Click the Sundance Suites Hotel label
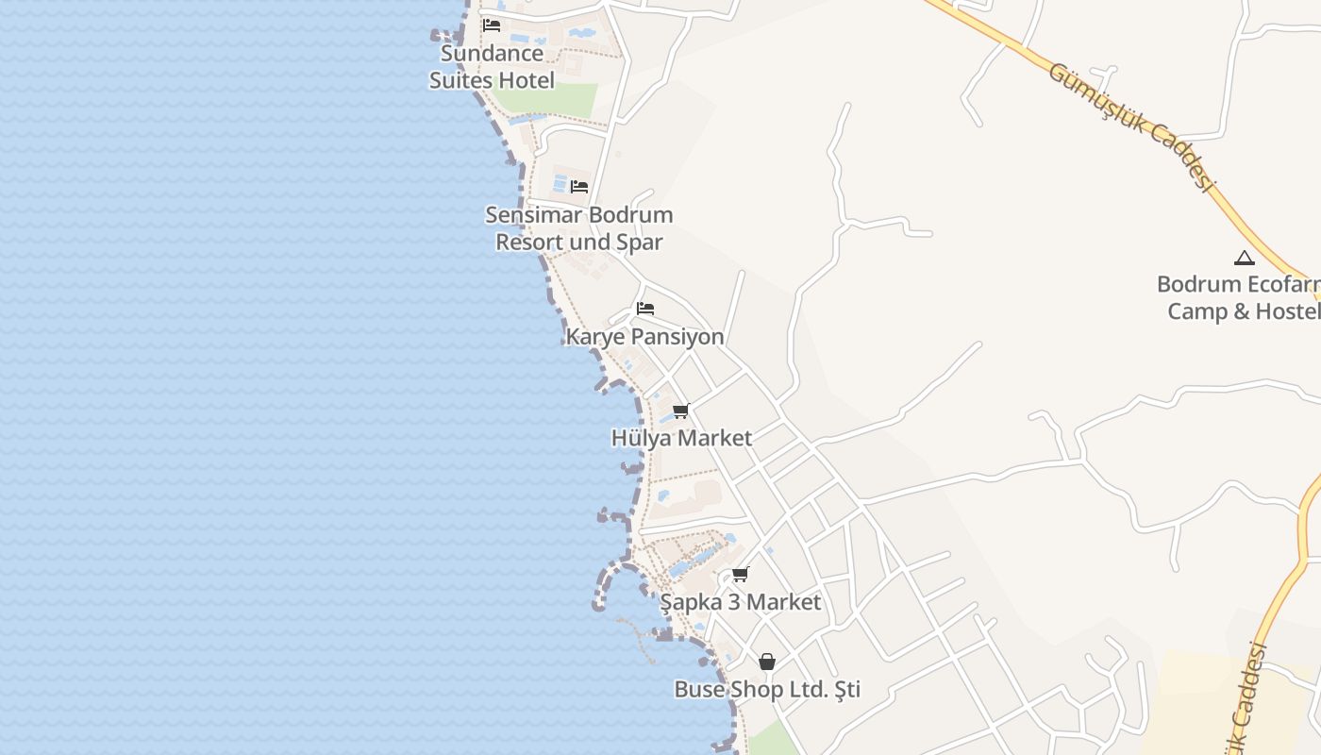pos(492,67)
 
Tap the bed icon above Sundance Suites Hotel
pos(492,25)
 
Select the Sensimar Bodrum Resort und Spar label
pos(578,228)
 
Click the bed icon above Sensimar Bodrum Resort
pos(579,187)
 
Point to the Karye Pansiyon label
pos(644,337)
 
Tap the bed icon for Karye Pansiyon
pos(645,309)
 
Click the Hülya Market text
pos(681,438)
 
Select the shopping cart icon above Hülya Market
pos(681,411)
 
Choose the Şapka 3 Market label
pos(741,602)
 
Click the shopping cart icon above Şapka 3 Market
pos(741,574)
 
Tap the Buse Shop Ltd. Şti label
pos(767,690)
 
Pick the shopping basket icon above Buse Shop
pos(767,662)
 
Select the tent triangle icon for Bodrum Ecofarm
pos(1245,258)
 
